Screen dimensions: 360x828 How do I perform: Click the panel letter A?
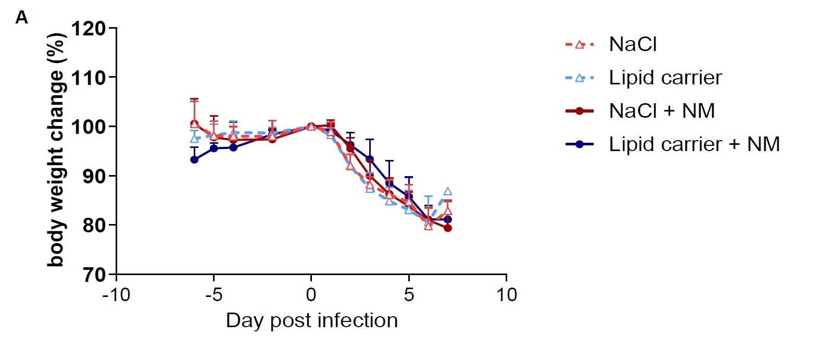pyautogui.click(x=21, y=18)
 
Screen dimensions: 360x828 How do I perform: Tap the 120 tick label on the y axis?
pyautogui.click(x=88, y=28)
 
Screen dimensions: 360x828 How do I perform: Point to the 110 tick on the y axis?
pyautogui.click(x=88, y=78)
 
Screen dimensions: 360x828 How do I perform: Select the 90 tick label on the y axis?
pyautogui.click(x=94, y=176)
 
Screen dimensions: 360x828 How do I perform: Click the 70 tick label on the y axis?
pyautogui.click(x=94, y=275)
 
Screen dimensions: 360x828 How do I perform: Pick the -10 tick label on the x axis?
pyautogui.click(x=116, y=295)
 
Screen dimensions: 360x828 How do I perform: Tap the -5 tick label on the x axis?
pyautogui.click(x=214, y=295)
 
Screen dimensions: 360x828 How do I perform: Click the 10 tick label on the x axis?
pyautogui.click(x=506, y=295)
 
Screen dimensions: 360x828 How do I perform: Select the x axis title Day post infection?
pyautogui.click(x=311, y=320)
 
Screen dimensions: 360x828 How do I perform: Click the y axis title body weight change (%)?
pyautogui.click(x=56, y=150)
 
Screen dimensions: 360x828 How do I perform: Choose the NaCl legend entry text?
pyautogui.click(x=633, y=44)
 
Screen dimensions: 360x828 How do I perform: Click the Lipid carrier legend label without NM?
pyautogui.click(x=665, y=78)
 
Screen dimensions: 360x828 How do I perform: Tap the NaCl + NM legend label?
pyautogui.click(x=661, y=111)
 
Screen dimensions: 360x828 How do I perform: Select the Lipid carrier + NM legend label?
pyautogui.click(x=694, y=144)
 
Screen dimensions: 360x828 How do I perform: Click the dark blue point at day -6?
pyautogui.click(x=194, y=159)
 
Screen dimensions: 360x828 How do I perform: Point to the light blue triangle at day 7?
pyautogui.click(x=448, y=192)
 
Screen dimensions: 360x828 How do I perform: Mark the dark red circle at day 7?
pyautogui.click(x=448, y=228)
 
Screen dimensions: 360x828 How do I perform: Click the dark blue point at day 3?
pyautogui.click(x=370, y=159)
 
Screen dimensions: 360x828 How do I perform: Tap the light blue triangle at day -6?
pyautogui.click(x=194, y=139)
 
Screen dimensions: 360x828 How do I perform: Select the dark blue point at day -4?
pyautogui.click(x=233, y=147)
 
